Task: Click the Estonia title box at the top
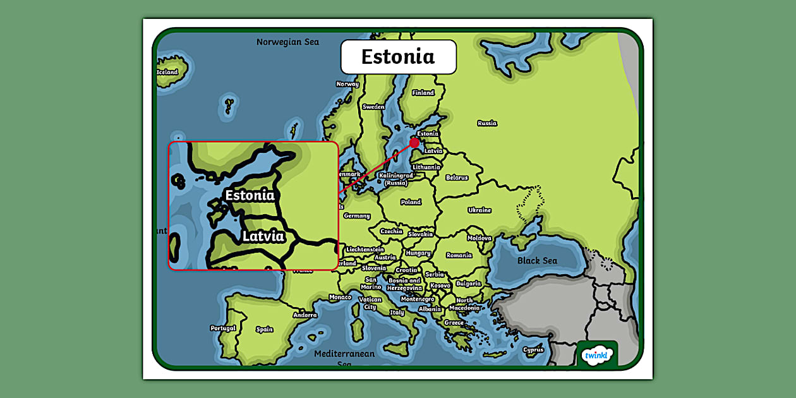[398, 57]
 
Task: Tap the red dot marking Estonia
[414, 143]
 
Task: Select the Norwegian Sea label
[287, 42]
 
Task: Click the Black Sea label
[537, 261]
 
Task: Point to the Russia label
[487, 123]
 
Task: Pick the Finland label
[423, 93]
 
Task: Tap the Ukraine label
[479, 210]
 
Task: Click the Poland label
[411, 202]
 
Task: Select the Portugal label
[223, 329]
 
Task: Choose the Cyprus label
[533, 350]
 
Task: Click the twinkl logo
[597, 356]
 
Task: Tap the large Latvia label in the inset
[263, 236]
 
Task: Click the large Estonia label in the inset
[250, 195]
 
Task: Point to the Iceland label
[167, 72]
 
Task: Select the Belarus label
[457, 178]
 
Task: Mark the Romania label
[459, 255]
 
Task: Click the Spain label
[265, 329]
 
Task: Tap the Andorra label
[305, 315]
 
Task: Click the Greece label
[454, 323]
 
